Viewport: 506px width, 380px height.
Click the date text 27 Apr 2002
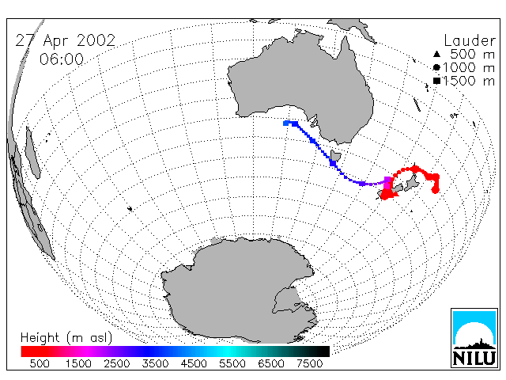pos(66,40)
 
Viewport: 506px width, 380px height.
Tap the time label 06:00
pos(62,59)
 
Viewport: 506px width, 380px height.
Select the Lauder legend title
pos(470,40)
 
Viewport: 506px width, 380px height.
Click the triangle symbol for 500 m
pos(436,54)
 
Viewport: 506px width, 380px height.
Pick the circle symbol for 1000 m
pos(436,67)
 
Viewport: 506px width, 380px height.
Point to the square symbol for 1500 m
pos(436,81)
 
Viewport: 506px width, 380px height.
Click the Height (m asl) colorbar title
pos(66,338)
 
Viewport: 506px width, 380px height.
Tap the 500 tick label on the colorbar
pos(40,364)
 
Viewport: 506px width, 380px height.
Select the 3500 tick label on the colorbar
pos(155,364)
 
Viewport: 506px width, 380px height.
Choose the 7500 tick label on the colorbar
pos(309,364)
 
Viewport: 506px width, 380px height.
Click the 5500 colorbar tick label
pos(232,364)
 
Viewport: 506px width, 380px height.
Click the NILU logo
pos(474,338)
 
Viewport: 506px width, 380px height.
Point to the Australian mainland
pos(304,84)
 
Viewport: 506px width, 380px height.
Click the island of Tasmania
pos(335,157)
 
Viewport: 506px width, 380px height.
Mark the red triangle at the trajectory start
pos(395,193)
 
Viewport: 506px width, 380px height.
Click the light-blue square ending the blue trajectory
pos(285,123)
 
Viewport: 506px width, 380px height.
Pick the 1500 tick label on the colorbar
pos(78,364)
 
